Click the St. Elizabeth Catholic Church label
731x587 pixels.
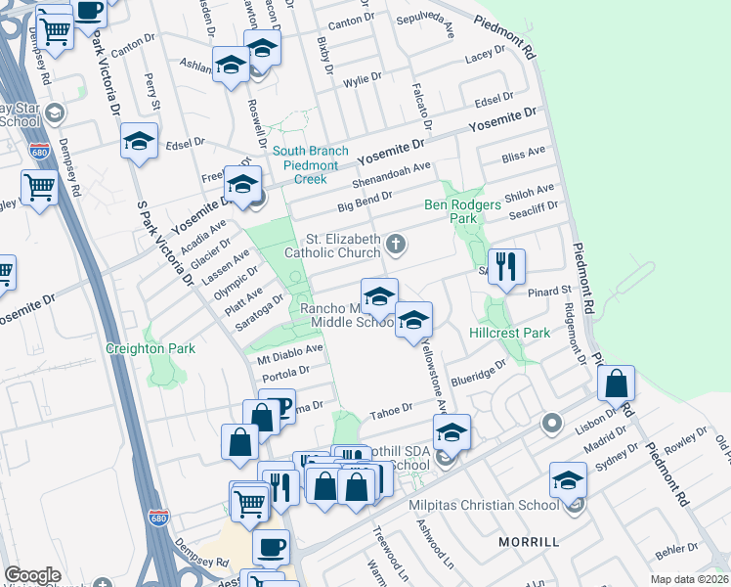pyautogui.click(x=343, y=246)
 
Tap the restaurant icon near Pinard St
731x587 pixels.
pyautogui.click(x=506, y=267)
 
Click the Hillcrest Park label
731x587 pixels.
pyautogui.click(x=509, y=333)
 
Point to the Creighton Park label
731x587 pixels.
pyautogui.click(x=151, y=348)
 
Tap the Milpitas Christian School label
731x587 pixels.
pyautogui.click(x=483, y=505)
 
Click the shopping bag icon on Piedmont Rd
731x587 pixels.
pyautogui.click(x=617, y=384)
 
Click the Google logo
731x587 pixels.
pyautogui.click(x=32, y=575)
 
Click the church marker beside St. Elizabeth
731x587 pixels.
pyautogui.click(x=396, y=243)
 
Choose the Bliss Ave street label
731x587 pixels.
pyautogui.click(x=523, y=155)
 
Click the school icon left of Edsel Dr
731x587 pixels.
pyautogui.click(x=140, y=141)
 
